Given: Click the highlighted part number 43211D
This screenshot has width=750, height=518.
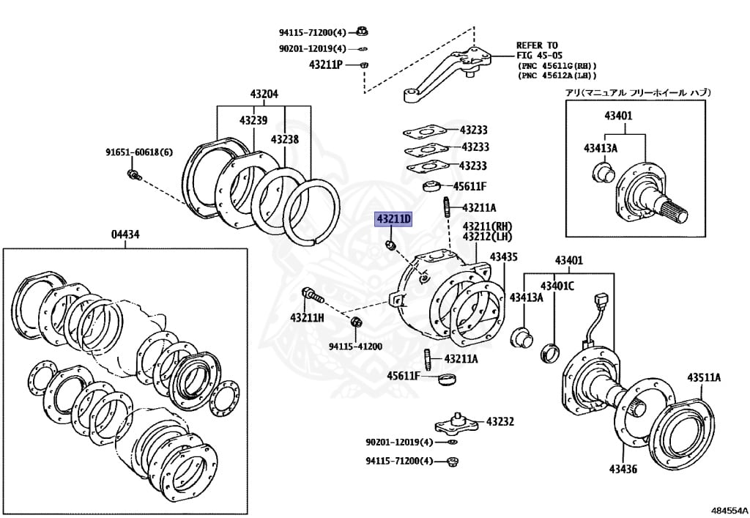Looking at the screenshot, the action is [393, 220].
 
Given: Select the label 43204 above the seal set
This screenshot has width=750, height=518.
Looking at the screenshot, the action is [264, 95].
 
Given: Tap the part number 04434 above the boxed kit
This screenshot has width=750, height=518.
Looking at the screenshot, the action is [125, 235].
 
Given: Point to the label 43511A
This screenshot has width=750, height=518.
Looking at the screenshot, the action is [704, 378].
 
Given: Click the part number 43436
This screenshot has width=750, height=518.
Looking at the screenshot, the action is [623, 469].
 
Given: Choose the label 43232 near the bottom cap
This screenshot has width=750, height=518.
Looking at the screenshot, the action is [500, 421].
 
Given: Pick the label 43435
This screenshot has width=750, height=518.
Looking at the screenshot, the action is [504, 257].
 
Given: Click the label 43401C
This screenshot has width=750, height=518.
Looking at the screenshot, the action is [557, 286].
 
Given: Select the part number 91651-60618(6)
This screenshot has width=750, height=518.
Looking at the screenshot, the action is [139, 152].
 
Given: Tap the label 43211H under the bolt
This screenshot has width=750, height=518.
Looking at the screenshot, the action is [307, 317].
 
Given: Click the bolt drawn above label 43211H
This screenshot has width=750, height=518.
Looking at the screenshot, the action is [312, 295].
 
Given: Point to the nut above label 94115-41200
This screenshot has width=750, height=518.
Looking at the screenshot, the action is [356, 322].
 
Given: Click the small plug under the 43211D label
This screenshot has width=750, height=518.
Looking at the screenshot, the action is [390, 245].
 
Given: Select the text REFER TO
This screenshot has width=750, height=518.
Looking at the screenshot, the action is [537, 45].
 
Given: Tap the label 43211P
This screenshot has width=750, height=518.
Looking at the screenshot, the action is [326, 64].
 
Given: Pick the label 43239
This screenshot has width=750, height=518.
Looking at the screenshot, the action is [253, 121].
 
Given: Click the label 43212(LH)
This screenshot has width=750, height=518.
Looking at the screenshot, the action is [487, 237].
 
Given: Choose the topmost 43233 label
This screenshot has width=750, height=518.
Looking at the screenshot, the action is [474, 130].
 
